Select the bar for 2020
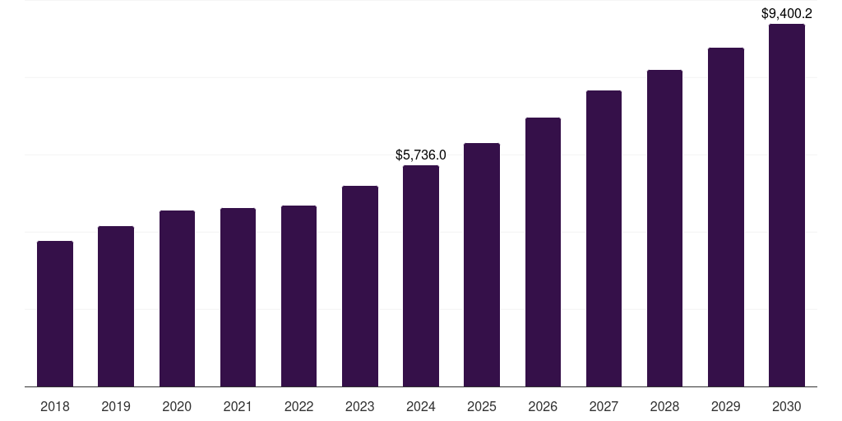point(177,298)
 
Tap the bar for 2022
point(298,296)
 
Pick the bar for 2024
point(421,275)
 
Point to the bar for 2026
point(543,252)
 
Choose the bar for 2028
point(664,228)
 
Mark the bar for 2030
point(787,205)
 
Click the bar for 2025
point(482,265)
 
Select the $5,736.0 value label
point(421,155)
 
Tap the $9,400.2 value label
point(787,13)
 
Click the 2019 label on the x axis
point(116,406)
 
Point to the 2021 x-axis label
point(238,406)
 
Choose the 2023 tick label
point(360,406)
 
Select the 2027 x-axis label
point(604,406)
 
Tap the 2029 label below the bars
point(726,406)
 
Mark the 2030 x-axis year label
point(787,406)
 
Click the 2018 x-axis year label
point(55,406)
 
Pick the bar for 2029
point(726,217)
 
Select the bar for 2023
point(360,286)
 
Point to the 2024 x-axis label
point(421,406)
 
